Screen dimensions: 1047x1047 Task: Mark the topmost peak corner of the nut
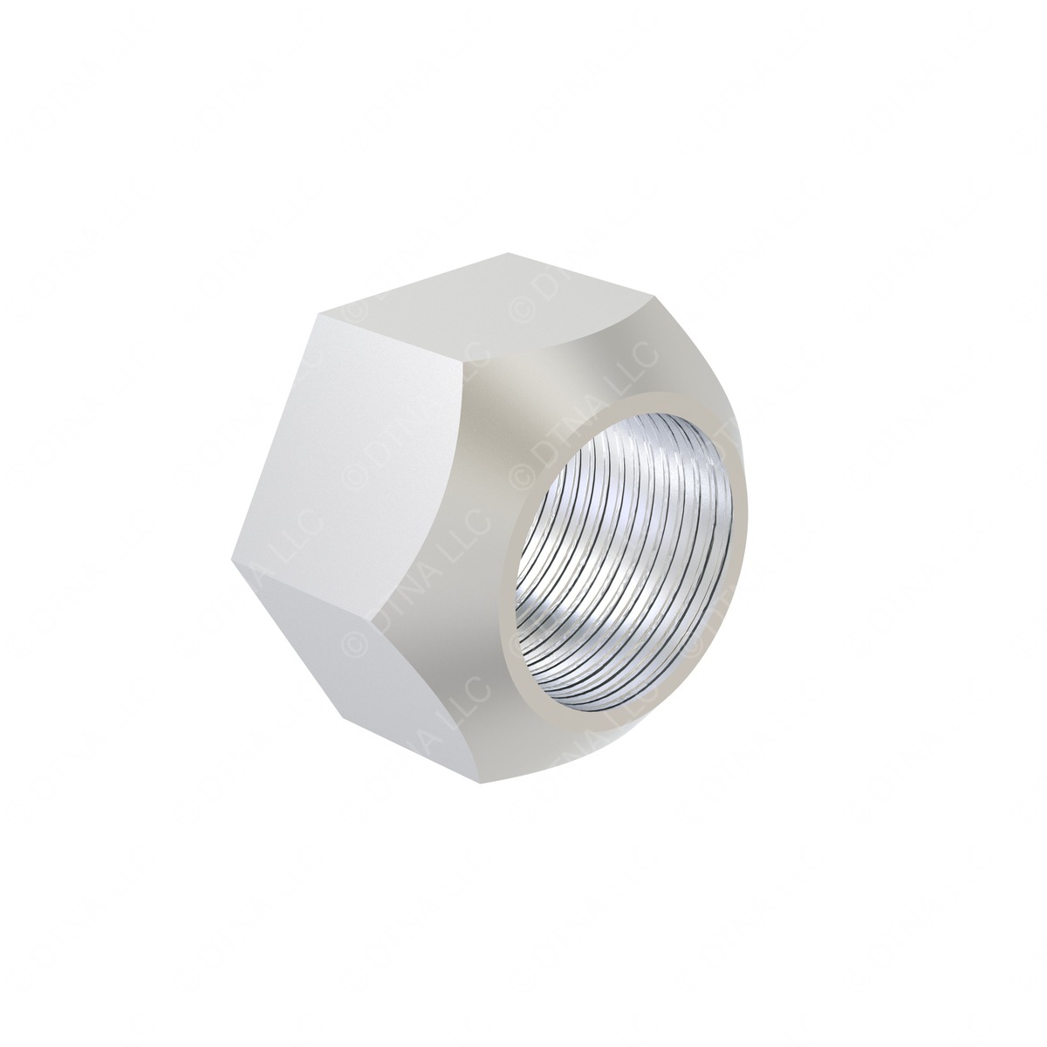coord(513,254)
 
